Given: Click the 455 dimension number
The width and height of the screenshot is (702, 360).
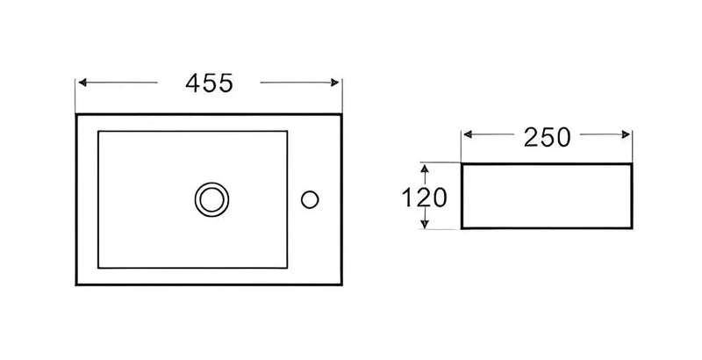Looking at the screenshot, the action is pyautogui.click(x=209, y=83).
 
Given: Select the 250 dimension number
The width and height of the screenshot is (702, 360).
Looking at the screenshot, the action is pyautogui.click(x=547, y=138).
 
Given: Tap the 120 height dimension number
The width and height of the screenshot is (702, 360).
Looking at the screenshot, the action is pyautogui.click(x=424, y=198).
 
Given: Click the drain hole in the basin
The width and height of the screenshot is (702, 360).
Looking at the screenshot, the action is pyautogui.click(x=211, y=199).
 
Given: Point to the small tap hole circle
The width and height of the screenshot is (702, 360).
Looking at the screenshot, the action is pyautogui.click(x=310, y=199).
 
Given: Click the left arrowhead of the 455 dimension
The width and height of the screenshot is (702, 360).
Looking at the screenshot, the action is pyautogui.click(x=82, y=83).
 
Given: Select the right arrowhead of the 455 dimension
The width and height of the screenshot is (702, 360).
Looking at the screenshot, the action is pyautogui.click(x=335, y=83).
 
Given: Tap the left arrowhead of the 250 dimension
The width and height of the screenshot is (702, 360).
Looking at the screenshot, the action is pyautogui.click(x=468, y=134).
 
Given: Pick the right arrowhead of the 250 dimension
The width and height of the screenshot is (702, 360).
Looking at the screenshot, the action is pyautogui.click(x=626, y=134).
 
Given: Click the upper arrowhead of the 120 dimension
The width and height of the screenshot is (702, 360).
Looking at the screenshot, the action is pyautogui.click(x=425, y=169).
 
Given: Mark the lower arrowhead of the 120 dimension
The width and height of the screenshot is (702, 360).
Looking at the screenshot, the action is pyautogui.click(x=425, y=224).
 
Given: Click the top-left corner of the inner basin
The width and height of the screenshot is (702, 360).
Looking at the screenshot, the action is pyautogui.click(x=98, y=131).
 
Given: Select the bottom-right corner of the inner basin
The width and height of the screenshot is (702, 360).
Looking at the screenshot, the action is pyautogui.click(x=287, y=268).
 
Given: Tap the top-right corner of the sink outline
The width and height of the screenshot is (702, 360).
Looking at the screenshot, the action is pyautogui.click(x=341, y=115).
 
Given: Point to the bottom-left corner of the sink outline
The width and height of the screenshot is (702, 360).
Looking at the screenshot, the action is pyautogui.click(x=76, y=284).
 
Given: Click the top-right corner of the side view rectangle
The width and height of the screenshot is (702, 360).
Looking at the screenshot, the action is pyautogui.click(x=632, y=164).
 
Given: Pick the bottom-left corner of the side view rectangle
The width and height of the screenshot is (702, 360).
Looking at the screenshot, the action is pyautogui.click(x=462, y=228).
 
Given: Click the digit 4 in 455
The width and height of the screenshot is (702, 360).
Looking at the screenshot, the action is pyautogui.click(x=193, y=83).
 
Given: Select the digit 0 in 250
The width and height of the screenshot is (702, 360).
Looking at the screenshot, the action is pyautogui.click(x=563, y=138).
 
